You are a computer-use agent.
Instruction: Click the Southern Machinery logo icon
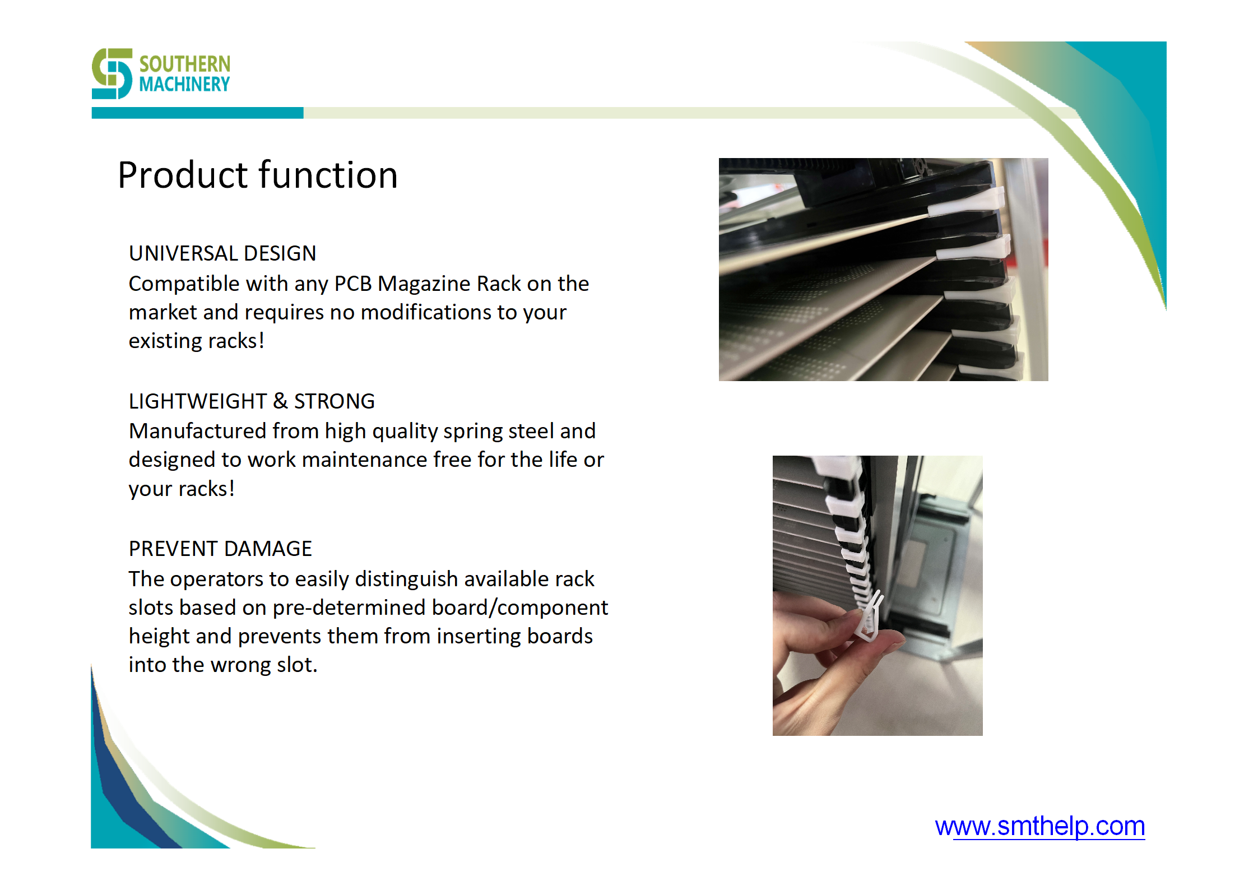tap(112, 73)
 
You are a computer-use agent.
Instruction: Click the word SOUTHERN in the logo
tap(185, 64)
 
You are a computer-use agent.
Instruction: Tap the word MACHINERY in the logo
tap(184, 84)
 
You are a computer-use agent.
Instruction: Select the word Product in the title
tap(183, 175)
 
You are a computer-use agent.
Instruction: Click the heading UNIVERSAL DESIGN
tap(222, 253)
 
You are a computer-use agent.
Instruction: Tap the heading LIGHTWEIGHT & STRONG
tap(252, 401)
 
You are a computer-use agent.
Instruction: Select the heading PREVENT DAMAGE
tap(220, 549)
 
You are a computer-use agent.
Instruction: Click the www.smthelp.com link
tap(1039, 827)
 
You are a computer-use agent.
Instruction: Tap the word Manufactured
tap(198, 431)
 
